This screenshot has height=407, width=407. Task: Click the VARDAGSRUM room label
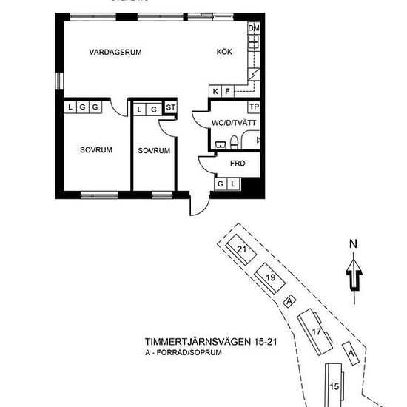(x=115, y=52)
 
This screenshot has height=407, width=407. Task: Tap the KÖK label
(x=224, y=52)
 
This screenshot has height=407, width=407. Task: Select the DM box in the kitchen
(x=255, y=29)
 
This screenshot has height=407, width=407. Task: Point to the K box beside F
(x=216, y=91)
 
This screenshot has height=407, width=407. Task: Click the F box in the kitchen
(x=227, y=91)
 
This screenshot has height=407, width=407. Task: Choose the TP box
(x=254, y=107)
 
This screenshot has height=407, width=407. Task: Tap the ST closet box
(x=171, y=108)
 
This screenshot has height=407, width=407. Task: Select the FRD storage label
(x=238, y=164)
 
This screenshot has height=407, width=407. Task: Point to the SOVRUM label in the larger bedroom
(x=96, y=149)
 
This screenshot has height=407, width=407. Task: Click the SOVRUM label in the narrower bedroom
(x=154, y=150)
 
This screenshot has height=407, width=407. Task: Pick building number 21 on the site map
(x=241, y=249)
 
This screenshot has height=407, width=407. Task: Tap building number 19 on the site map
(x=270, y=277)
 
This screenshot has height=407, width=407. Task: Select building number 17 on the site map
(x=316, y=331)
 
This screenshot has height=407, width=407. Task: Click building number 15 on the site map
(x=334, y=386)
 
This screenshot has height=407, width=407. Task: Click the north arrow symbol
(x=354, y=276)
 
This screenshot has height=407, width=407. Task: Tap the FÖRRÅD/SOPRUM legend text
(x=194, y=354)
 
